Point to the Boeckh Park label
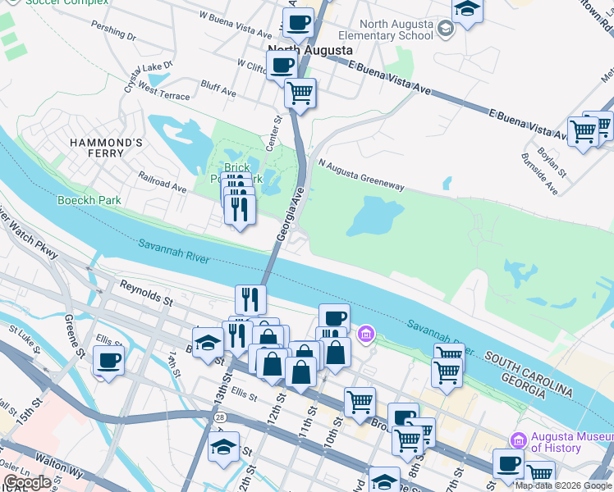click(89, 200)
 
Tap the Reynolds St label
click(144, 290)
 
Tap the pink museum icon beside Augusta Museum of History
click(517, 440)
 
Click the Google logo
click(27, 481)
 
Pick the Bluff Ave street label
click(218, 89)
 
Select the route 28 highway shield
click(222, 418)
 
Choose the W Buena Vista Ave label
click(236, 25)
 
